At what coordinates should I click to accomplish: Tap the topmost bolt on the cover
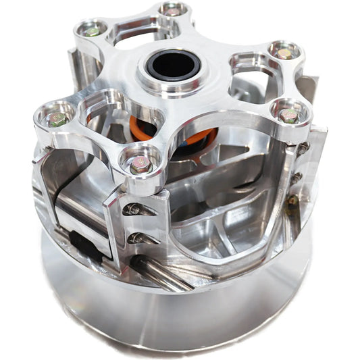pos(172,11)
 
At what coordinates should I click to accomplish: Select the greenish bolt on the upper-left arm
pos(91,31)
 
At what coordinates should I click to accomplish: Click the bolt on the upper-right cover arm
pos(284,53)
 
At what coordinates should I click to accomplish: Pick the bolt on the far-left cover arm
pos(57,120)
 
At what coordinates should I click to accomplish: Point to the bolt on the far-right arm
pos(289,116)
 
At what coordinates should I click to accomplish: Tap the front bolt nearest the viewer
pos(140,164)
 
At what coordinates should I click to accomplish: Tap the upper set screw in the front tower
pos(134,209)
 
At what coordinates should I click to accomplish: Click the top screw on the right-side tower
pos(303,148)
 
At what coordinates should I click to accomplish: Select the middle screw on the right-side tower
pos(297,177)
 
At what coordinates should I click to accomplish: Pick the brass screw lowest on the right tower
pos(292,201)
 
